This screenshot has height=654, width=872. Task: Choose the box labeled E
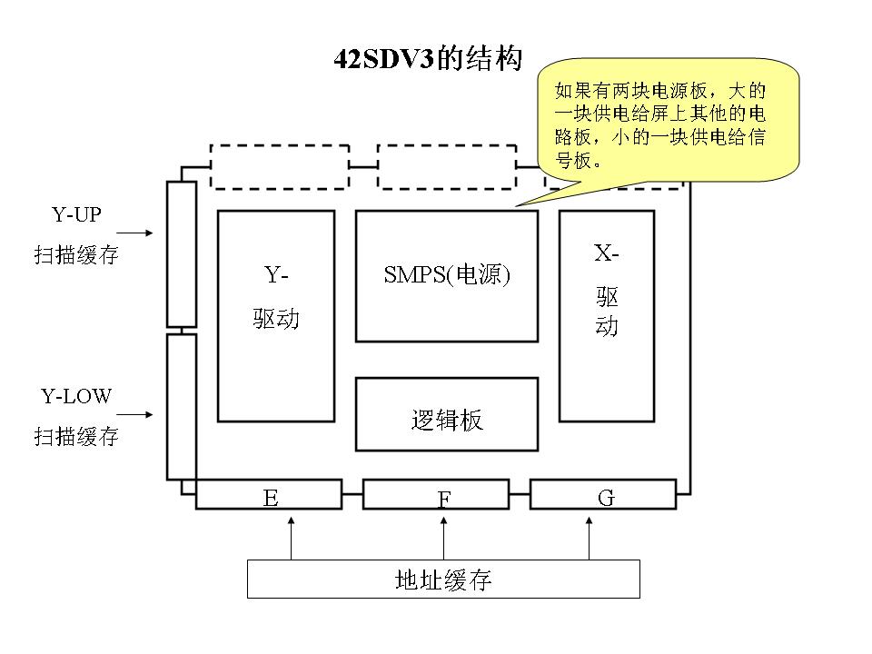(270, 495)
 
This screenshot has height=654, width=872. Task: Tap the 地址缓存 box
(443, 580)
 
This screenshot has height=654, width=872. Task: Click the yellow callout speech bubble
(669, 119)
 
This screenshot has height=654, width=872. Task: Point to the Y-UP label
(76, 215)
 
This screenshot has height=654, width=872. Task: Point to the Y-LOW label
(76, 397)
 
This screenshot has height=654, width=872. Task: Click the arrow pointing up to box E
(291, 538)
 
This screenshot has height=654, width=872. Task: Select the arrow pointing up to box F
(443, 538)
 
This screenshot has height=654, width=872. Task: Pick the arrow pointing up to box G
(589, 538)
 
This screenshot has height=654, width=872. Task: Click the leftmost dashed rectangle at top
(278, 166)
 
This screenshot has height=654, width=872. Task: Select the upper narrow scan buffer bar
(182, 253)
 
